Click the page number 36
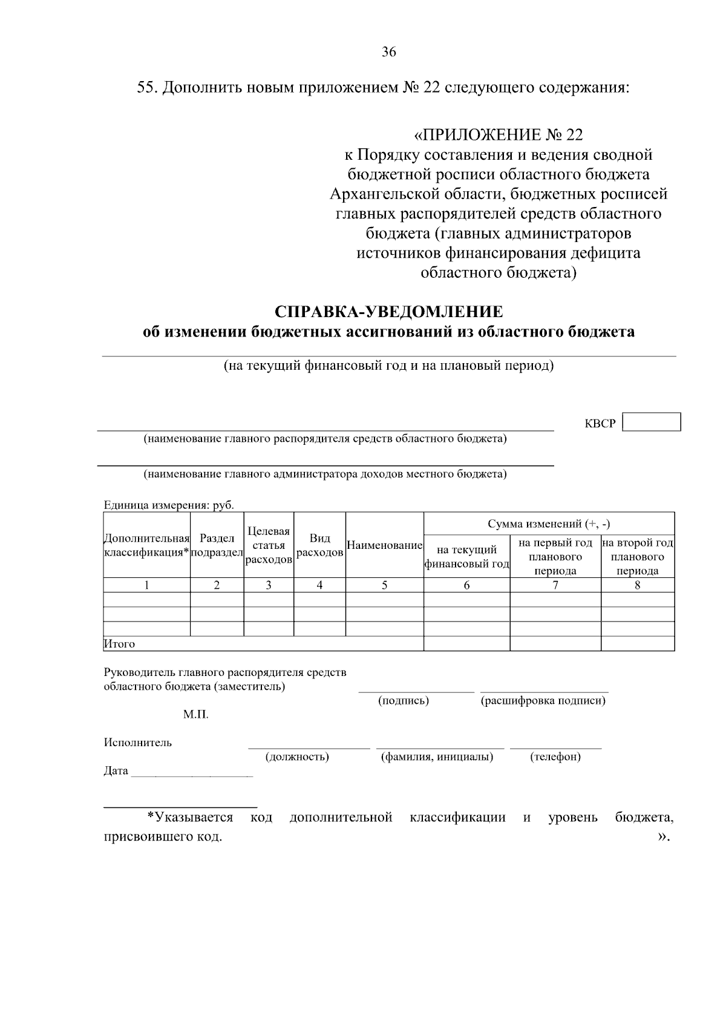[x=388, y=53]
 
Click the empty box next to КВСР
[x=652, y=422]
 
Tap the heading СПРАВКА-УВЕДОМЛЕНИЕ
[x=388, y=312]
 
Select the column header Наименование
[x=384, y=545]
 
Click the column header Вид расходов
[x=319, y=545]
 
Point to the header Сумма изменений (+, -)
[x=549, y=523]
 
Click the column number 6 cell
[x=466, y=585]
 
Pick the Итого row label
[x=119, y=644]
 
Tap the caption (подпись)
[x=404, y=701]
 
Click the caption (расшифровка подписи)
[x=543, y=701]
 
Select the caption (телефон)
[x=555, y=756]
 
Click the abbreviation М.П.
[x=195, y=715]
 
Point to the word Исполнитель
[x=137, y=743]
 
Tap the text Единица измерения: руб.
[x=169, y=505]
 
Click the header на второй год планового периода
[x=637, y=557]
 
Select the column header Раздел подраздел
[x=217, y=545]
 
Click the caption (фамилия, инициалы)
[x=437, y=756]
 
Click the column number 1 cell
[x=146, y=585]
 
